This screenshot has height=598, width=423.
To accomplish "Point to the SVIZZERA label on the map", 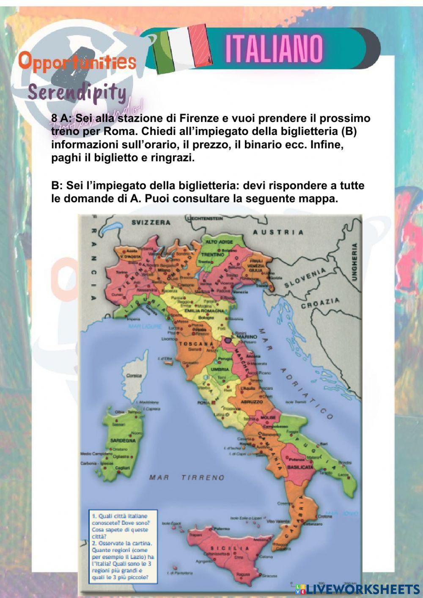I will [151, 223].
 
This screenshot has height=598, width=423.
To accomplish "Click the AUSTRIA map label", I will [278, 232].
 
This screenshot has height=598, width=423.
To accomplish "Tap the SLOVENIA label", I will [305, 278].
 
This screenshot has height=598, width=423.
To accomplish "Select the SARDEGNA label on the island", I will [123, 440].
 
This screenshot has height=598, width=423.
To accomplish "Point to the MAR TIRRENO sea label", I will [187, 477].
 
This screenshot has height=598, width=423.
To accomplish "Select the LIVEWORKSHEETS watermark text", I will [363, 589].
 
